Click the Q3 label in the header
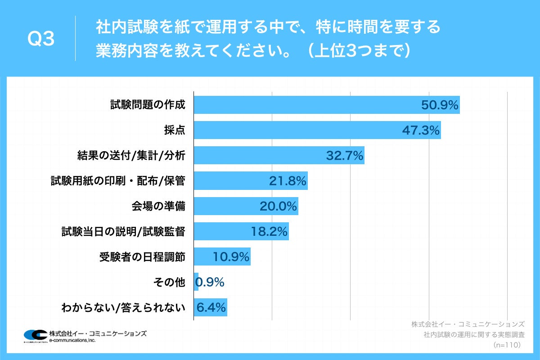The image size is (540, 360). (41, 40)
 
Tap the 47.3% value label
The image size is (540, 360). (420, 130)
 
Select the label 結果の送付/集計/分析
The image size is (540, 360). (131, 156)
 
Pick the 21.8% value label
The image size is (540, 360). (288, 181)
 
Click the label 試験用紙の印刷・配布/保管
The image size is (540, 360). (118, 181)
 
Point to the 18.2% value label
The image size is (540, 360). (269, 232)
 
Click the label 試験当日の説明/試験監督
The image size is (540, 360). (123, 232)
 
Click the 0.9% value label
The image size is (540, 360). (210, 282)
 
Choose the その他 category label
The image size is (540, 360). (169, 282)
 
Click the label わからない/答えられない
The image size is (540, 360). (123, 308)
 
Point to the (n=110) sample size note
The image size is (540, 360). (507, 345)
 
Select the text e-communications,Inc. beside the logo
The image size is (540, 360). (72, 340)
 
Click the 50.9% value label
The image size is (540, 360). (439, 105)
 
